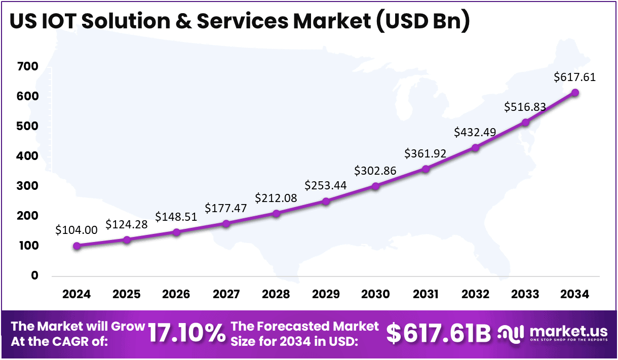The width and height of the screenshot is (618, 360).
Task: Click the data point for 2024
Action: (x=76, y=246)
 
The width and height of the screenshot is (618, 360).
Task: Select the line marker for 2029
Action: (x=326, y=202)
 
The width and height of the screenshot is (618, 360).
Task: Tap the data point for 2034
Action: (x=575, y=93)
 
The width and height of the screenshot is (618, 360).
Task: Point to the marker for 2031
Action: (x=426, y=169)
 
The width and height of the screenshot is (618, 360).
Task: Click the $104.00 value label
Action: (x=76, y=230)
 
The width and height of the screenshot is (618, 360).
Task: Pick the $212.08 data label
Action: (x=276, y=197)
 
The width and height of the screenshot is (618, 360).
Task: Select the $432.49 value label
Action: (x=475, y=132)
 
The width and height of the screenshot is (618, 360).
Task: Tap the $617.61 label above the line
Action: (x=574, y=77)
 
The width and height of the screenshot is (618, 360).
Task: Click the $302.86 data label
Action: (x=375, y=170)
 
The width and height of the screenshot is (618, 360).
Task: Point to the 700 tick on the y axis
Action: (x=27, y=67)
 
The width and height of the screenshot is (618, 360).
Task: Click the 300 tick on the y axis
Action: (x=27, y=186)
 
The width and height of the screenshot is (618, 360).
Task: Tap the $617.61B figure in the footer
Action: (x=439, y=334)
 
